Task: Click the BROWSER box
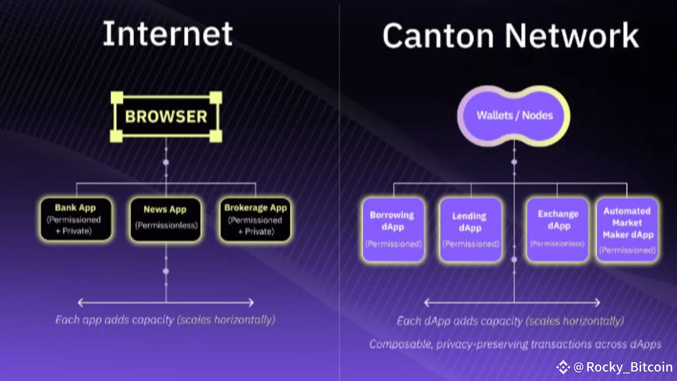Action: [x=166, y=117]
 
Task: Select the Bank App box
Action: [x=76, y=220]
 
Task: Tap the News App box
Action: [x=166, y=220]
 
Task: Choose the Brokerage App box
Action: [x=255, y=220]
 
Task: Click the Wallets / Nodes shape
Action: [x=514, y=115]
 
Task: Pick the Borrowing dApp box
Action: [x=392, y=230]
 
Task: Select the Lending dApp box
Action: [x=470, y=230]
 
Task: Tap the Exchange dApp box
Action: [x=557, y=230]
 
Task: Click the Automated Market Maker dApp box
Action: [x=627, y=230]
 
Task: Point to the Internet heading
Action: [x=167, y=34]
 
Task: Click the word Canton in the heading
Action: [x=438, y=36]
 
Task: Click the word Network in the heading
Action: [x=572, y=36]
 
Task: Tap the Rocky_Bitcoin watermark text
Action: [x=629, y=367]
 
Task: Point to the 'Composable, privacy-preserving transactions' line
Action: [x=515, y=344]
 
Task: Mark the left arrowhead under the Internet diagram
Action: [x=80, y=303]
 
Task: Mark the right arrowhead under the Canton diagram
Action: [x=597, y=303]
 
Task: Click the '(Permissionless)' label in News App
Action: [x=166, y=225]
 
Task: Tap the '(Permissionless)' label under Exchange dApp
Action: [x=557, y=244]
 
